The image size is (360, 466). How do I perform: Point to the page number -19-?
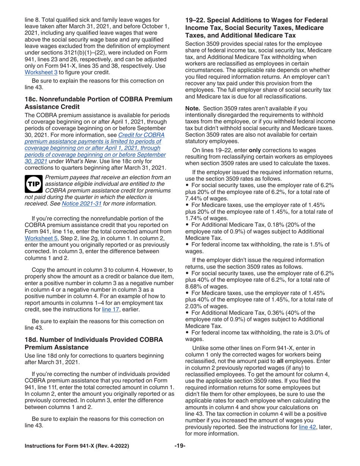[x=180, y=446]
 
